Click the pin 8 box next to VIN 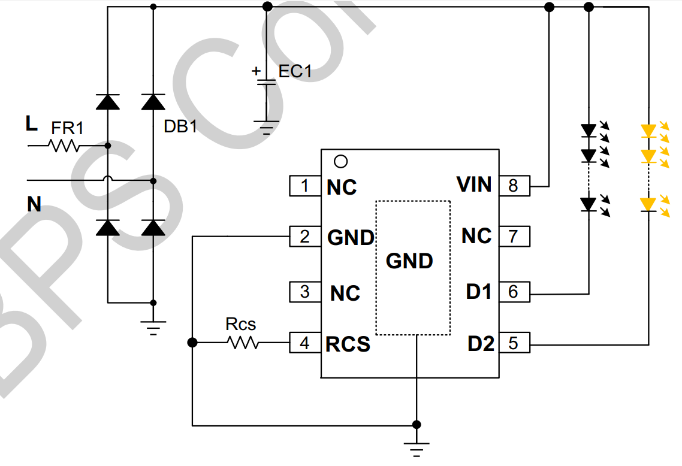tap(514, 186)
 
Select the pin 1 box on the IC tap(305, 186)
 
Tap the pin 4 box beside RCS tap(305, 343)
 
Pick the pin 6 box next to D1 tap(514, 292)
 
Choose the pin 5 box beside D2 tap(514, 343)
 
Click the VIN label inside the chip tap(474, 184)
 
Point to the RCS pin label tap(348, 344)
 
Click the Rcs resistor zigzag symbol tap(243, 343)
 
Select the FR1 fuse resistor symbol tap(64, 146)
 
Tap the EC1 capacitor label tap(295, 71)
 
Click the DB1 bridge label tap(180, 126)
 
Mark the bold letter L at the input tap(31, 124)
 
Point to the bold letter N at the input tap(34, 205)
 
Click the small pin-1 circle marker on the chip tap(340, 161)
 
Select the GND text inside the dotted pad tap(409, 261)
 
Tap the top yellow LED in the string tap(648, 130)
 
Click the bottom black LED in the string tap(589, 204)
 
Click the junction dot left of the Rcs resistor tap(192, 343)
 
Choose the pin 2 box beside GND tap(305, 237)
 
